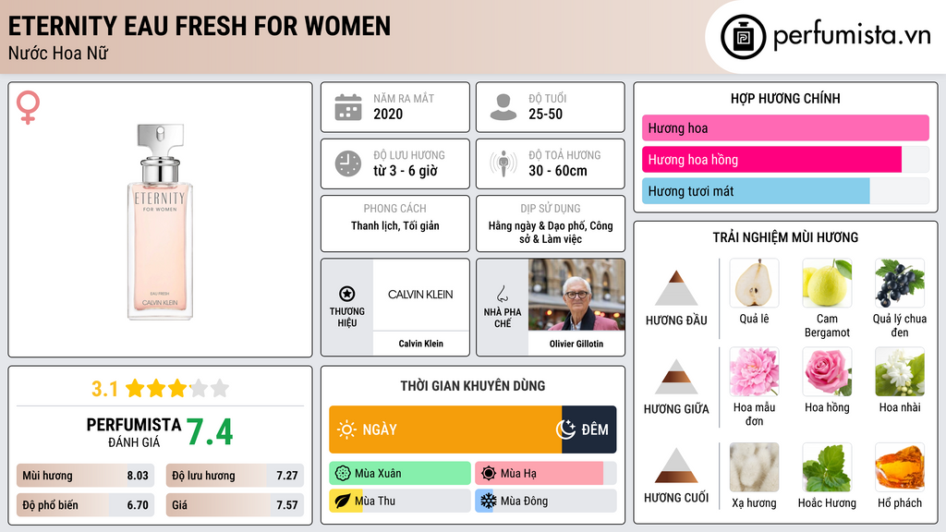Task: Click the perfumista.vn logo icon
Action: pos(743,37)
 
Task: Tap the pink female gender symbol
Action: pos(29,107)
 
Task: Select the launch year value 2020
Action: pos(388,115)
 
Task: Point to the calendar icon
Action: pos(347,107)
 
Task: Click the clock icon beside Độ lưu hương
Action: pos(347,163)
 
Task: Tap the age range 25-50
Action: pos(545,115)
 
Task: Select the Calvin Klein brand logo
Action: pos(420,295)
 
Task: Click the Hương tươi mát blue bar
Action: pos(756,191)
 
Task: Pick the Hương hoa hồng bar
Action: pos(771,160)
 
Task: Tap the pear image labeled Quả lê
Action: pos(754,283)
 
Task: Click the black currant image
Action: pos(899,283)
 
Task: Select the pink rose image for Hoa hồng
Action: pos(827,371)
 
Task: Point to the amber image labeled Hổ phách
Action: pos(899,467)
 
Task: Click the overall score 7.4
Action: pos(210,431)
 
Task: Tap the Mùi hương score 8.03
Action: pos(138,477)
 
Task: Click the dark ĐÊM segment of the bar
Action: pos(588,429)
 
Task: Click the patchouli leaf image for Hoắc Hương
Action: pos(827,467)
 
